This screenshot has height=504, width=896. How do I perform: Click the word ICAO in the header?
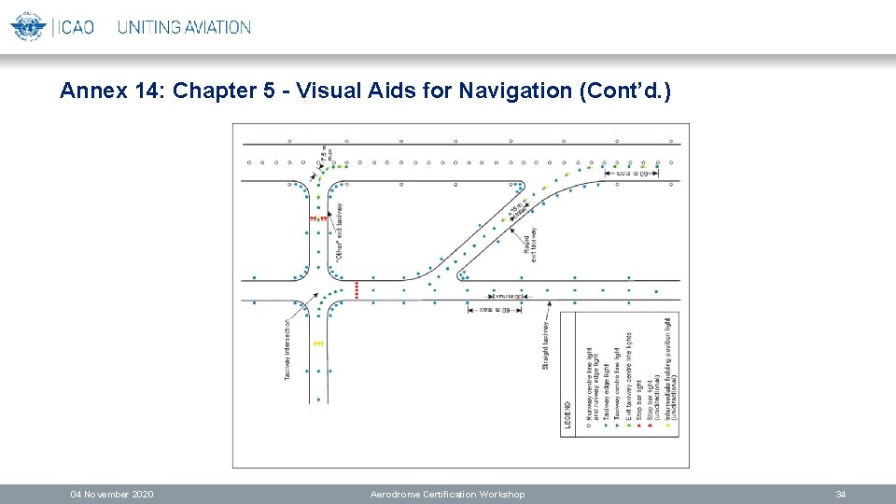click(77, 27)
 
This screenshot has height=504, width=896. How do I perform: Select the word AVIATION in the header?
click(217, 27)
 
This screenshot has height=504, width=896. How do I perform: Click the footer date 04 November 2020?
click(113, 494)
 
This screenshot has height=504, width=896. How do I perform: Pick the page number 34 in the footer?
click(841, 494)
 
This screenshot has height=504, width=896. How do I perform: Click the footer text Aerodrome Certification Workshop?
click(447, 494)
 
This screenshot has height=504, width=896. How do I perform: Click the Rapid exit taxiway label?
click(530, 245)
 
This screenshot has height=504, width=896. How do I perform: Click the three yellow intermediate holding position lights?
click(318, 343)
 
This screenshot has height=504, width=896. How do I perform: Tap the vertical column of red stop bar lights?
click(357, 289)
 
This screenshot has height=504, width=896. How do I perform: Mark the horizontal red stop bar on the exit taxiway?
click(318, 218)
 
